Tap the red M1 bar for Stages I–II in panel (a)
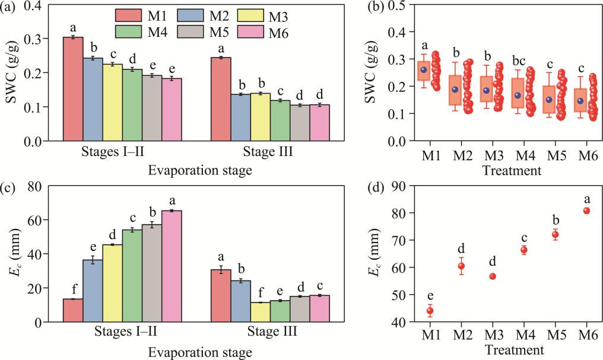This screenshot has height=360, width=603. (72, 89)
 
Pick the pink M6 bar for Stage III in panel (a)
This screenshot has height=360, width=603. (319, 123)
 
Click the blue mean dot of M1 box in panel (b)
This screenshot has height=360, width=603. (424, 70)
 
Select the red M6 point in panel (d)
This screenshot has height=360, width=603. (586, 211)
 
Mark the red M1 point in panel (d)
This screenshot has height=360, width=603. (430, 311)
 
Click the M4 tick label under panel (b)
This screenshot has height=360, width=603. (523, 155)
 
